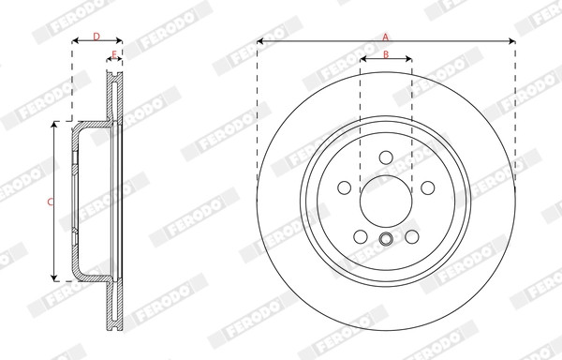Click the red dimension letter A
pos(386,37)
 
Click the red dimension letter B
pos(386,54)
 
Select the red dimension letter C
pos(51,202)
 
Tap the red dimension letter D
pos(96,37)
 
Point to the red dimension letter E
pos(114,54)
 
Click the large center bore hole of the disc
pos(386,202)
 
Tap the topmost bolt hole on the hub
pos(386,157)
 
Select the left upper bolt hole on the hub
pos(345,187)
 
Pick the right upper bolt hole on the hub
pos(428,187)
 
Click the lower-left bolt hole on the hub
pos(361,236)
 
